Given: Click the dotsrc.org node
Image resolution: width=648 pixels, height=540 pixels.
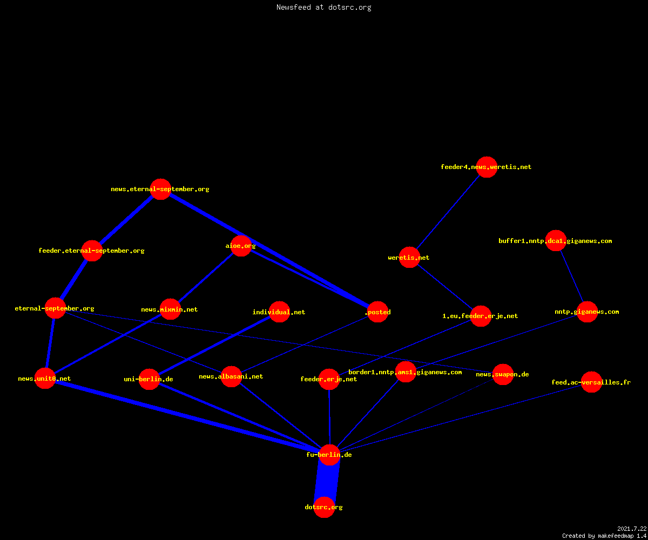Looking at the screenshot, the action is tap(324, 507).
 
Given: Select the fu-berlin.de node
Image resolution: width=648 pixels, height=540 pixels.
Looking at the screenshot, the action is tap(329, 455).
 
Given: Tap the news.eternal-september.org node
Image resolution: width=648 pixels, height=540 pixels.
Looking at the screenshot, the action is tap(160, 189).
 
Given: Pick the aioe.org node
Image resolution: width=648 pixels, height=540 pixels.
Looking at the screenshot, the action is tap(241, 246).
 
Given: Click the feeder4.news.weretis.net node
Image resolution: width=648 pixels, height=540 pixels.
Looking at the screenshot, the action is tap(487, 167).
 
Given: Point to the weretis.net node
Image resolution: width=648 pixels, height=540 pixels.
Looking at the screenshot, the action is tap(409, 257).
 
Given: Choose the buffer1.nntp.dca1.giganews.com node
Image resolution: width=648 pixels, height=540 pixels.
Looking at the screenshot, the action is tap(556, 240).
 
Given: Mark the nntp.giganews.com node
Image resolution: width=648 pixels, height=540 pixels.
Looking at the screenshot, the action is tap(587, 312).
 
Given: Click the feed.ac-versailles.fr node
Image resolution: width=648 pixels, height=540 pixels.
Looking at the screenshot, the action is tap(591, 382).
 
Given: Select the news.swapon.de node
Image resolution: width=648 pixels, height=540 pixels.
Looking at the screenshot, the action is tap(503, 374).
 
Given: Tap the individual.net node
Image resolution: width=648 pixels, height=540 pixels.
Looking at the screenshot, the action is tap(279, 312).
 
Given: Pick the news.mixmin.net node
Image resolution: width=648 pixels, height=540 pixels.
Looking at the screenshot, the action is tap(170, 309).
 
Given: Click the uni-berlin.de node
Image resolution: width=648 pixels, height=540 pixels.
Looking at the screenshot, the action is tap(149, 379).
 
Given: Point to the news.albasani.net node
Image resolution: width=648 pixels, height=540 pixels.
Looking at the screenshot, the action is tap(231, 376).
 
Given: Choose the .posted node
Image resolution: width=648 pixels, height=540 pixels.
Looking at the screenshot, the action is tap(377, 312).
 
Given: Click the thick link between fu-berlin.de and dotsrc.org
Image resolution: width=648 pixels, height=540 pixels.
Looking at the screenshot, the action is tap(327, 481).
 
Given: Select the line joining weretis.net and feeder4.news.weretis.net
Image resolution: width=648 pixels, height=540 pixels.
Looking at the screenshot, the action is tap(448, 212).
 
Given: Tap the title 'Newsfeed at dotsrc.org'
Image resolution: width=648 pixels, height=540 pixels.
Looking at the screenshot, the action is tap(323, 7).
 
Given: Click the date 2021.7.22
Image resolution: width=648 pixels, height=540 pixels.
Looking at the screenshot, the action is tap(632, 529).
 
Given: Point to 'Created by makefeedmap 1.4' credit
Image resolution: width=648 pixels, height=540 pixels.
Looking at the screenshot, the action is tap(604, 536).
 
